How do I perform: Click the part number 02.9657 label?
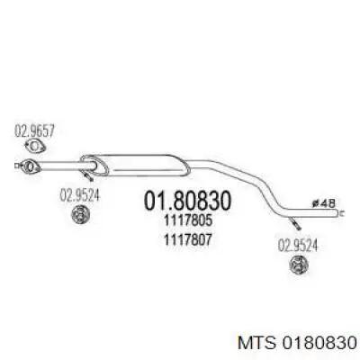point(34,131)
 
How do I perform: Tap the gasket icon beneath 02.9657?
point(35,147)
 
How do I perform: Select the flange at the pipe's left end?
point(30,166)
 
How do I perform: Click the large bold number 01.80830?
point(188,201)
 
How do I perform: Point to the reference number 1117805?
point(188,220)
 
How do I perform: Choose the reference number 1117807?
point(188,239)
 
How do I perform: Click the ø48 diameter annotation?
point(323,203)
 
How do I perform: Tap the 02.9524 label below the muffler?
point(79,196)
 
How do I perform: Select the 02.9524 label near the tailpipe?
point(297,246)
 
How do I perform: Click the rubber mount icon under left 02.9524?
point(81,214)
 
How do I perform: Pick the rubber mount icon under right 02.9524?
point(299,265)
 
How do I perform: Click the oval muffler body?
point(136,165)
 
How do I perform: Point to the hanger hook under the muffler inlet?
point(88,176)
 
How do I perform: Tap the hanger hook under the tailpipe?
point(294,224)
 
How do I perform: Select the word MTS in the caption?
point(256,344)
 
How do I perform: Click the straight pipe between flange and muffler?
point(60,166)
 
